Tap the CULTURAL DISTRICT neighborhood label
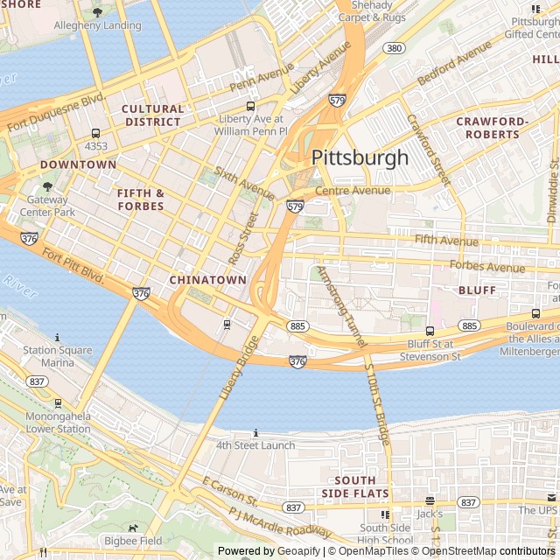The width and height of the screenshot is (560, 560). (x=153, y=115)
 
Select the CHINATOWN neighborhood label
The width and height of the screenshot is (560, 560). (x=207, y=280)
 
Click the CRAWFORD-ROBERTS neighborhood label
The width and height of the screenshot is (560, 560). (x=492, y=128)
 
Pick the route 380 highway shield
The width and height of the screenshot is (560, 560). (x=394, y=48)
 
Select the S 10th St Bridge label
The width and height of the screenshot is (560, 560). (x=378, y=402)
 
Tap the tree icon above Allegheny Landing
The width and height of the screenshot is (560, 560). (x=96, y=13)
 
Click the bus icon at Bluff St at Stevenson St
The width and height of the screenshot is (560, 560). (x=430, y=331)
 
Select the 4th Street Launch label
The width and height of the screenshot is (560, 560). (x=255, y=445)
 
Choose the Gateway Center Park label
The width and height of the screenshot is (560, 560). (x=45, y=206)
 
